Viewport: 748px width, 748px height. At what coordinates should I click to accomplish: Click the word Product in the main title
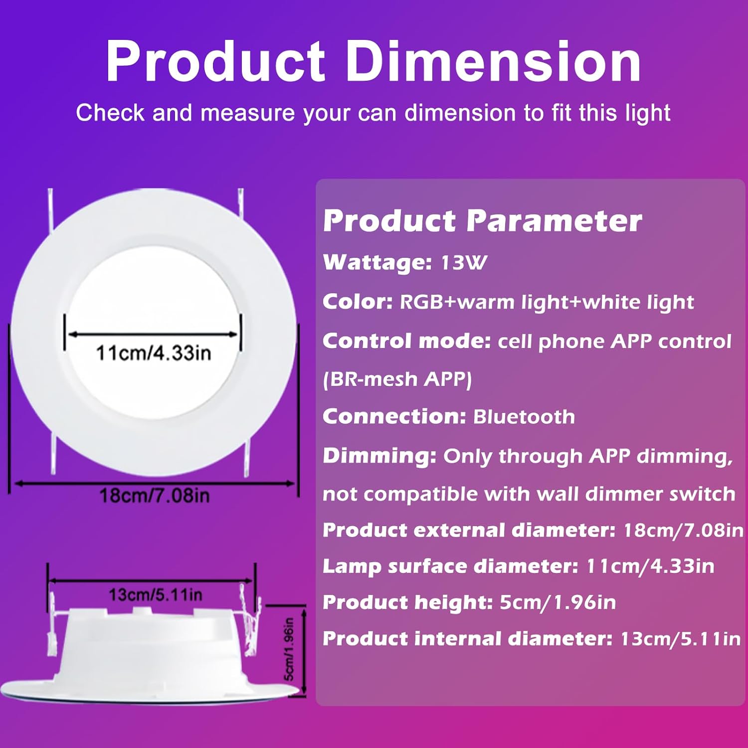(x=216, y=62)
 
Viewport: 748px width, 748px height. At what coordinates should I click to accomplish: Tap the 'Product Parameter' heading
(x=482, y=220)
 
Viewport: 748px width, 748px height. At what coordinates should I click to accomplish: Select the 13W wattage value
(x=464, y=263)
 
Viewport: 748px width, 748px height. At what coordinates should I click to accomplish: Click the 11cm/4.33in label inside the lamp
(x=154, y=353)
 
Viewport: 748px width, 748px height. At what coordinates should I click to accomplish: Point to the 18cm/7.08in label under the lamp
(x=155, y=496)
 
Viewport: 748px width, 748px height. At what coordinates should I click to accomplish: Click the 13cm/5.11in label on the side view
(x=156, y=594)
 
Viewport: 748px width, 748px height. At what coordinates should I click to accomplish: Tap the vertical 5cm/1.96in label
(x=289, y=649)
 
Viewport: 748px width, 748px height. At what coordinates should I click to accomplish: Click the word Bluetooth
(x=524, y=416)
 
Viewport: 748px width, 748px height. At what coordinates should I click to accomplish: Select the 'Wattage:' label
(x=377, y=263)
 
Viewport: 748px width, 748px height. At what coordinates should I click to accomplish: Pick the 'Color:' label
(x=358, y=302)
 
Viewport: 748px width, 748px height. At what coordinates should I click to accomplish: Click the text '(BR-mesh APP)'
(x=397, y=379)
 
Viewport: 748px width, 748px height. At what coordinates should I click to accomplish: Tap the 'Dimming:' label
(x=379, y=456)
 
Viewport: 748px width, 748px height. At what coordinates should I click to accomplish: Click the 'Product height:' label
(x=408, y=602)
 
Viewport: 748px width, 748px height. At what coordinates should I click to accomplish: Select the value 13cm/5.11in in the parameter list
(x=681, y=639)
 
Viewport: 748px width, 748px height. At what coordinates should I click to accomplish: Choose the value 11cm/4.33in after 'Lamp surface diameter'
(x=650, y=566)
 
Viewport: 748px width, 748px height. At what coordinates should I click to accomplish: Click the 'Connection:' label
(x=394, y=416)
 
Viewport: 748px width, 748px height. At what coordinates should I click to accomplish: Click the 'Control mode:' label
(x=407, y=341)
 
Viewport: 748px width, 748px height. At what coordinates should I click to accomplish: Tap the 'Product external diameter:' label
(x=469, y=530)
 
